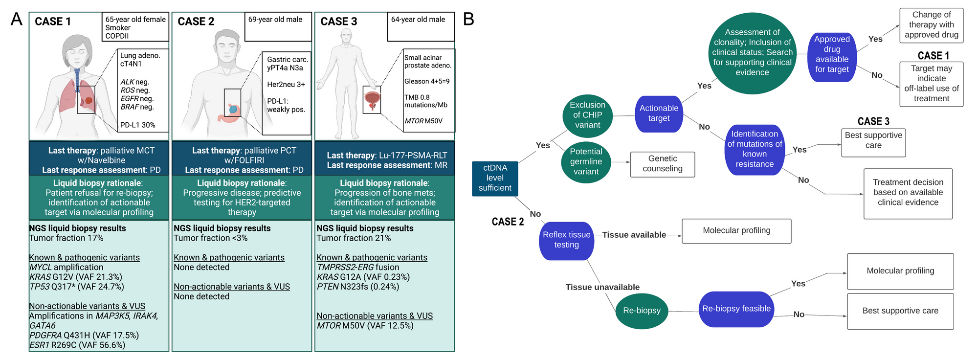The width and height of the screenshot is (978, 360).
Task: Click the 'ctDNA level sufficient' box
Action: [495, 179]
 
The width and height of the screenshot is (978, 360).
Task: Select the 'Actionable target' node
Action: [659, 113]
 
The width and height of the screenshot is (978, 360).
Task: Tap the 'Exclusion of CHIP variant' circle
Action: [587, 115]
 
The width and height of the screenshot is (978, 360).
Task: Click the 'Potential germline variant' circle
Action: [586, 162]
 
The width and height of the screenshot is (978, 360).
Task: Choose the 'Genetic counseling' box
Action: [662, 164]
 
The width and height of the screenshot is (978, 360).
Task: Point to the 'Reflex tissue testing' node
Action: [566, 240]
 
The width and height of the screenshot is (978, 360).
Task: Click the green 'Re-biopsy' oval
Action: [642, 311]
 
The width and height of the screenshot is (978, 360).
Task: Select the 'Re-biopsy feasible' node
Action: [736, 309]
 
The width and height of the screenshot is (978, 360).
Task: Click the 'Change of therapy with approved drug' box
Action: [931, 25]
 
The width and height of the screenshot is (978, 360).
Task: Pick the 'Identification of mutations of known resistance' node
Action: [755, 149]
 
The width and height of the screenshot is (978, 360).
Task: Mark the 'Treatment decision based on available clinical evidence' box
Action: [908, 193]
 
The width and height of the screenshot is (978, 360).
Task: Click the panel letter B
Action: [468, 20]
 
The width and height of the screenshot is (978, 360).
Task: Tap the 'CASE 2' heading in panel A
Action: [196, 22]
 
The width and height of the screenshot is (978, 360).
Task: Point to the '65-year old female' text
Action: [135, 20]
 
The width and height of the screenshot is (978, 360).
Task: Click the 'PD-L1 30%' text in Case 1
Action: [138, 125]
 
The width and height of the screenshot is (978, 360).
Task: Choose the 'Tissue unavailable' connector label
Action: [602, 287]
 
